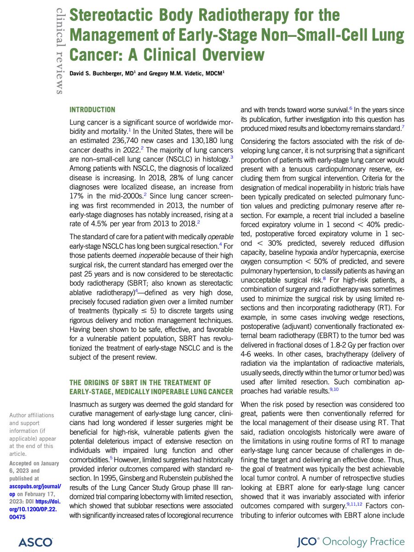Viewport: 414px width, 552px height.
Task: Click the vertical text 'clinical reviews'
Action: click(59, 51)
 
